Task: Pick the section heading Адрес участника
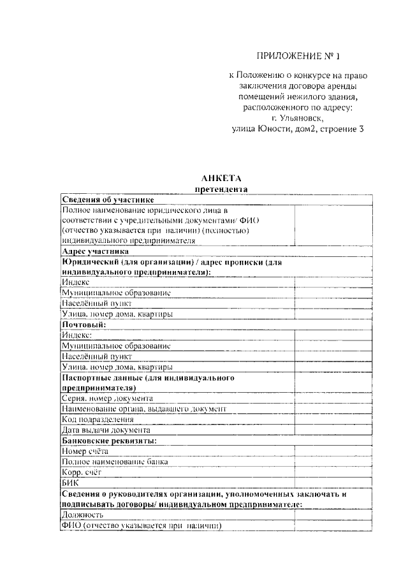[x=95, y=251]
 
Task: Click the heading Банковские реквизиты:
[x=109, y=441]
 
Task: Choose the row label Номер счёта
[x=85, y=451]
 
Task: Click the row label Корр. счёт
[x=82, y=472]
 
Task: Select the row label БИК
[x=69, y=483]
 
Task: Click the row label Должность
[x=82, y=515]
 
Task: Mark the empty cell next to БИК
[x=332, y=483]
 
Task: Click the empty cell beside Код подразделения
[x=332, y=419]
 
